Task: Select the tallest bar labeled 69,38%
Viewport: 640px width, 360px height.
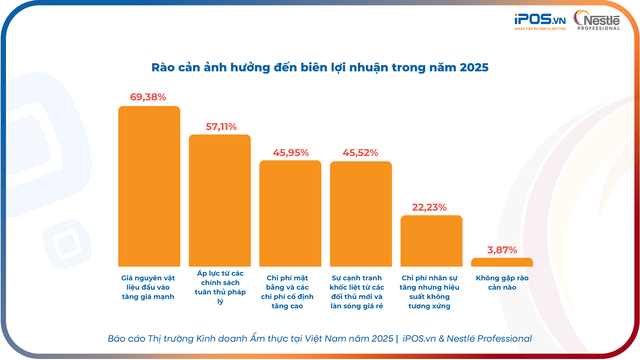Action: [149, 186]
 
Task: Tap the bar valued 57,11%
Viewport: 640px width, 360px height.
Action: [220, 200]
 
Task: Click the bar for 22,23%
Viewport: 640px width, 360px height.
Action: [431, 241]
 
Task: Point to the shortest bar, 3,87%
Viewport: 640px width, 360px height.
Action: [502, 262]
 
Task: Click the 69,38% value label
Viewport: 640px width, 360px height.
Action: [149, 97]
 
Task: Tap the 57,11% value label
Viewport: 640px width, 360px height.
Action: [220, 126]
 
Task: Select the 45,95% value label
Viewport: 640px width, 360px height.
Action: [290, 152]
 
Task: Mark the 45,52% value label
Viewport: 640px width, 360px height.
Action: [361, 152]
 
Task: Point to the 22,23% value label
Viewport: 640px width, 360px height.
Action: [431, 207]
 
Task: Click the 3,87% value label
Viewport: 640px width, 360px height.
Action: [502, 250]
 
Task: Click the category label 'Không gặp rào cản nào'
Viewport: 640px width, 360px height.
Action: [502, 282]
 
